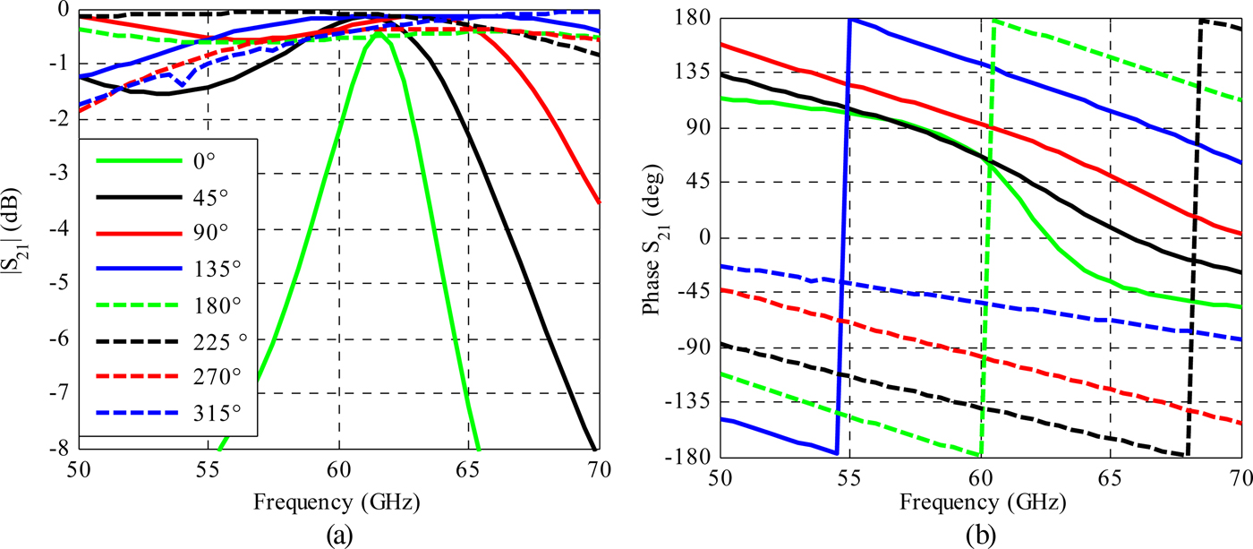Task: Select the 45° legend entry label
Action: pyautogui.click(x=217, y=196)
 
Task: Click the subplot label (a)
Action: pyautogui.click(x=339, y=536)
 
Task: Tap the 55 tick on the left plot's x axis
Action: pyautogui.click(x=209, y=468)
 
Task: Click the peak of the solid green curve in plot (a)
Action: pyautogui.click(x=379, y=34)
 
